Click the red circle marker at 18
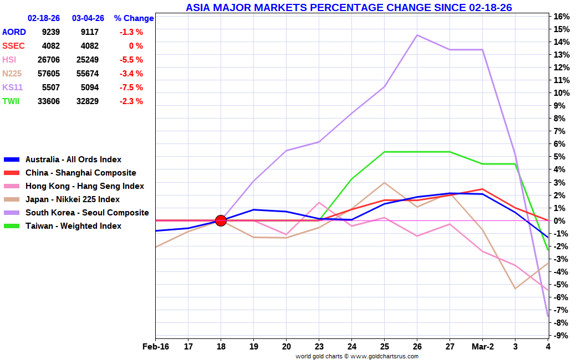221,220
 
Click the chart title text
349,8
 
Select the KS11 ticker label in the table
13,88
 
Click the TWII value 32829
87,101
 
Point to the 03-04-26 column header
88,18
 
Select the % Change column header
134,18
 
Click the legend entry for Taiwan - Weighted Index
73,226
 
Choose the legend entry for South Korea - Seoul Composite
87,213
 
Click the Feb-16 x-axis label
155,347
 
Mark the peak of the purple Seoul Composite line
417,35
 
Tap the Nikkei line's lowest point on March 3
515,289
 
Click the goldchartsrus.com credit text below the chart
356,356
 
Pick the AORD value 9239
50,32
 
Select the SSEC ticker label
13,46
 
